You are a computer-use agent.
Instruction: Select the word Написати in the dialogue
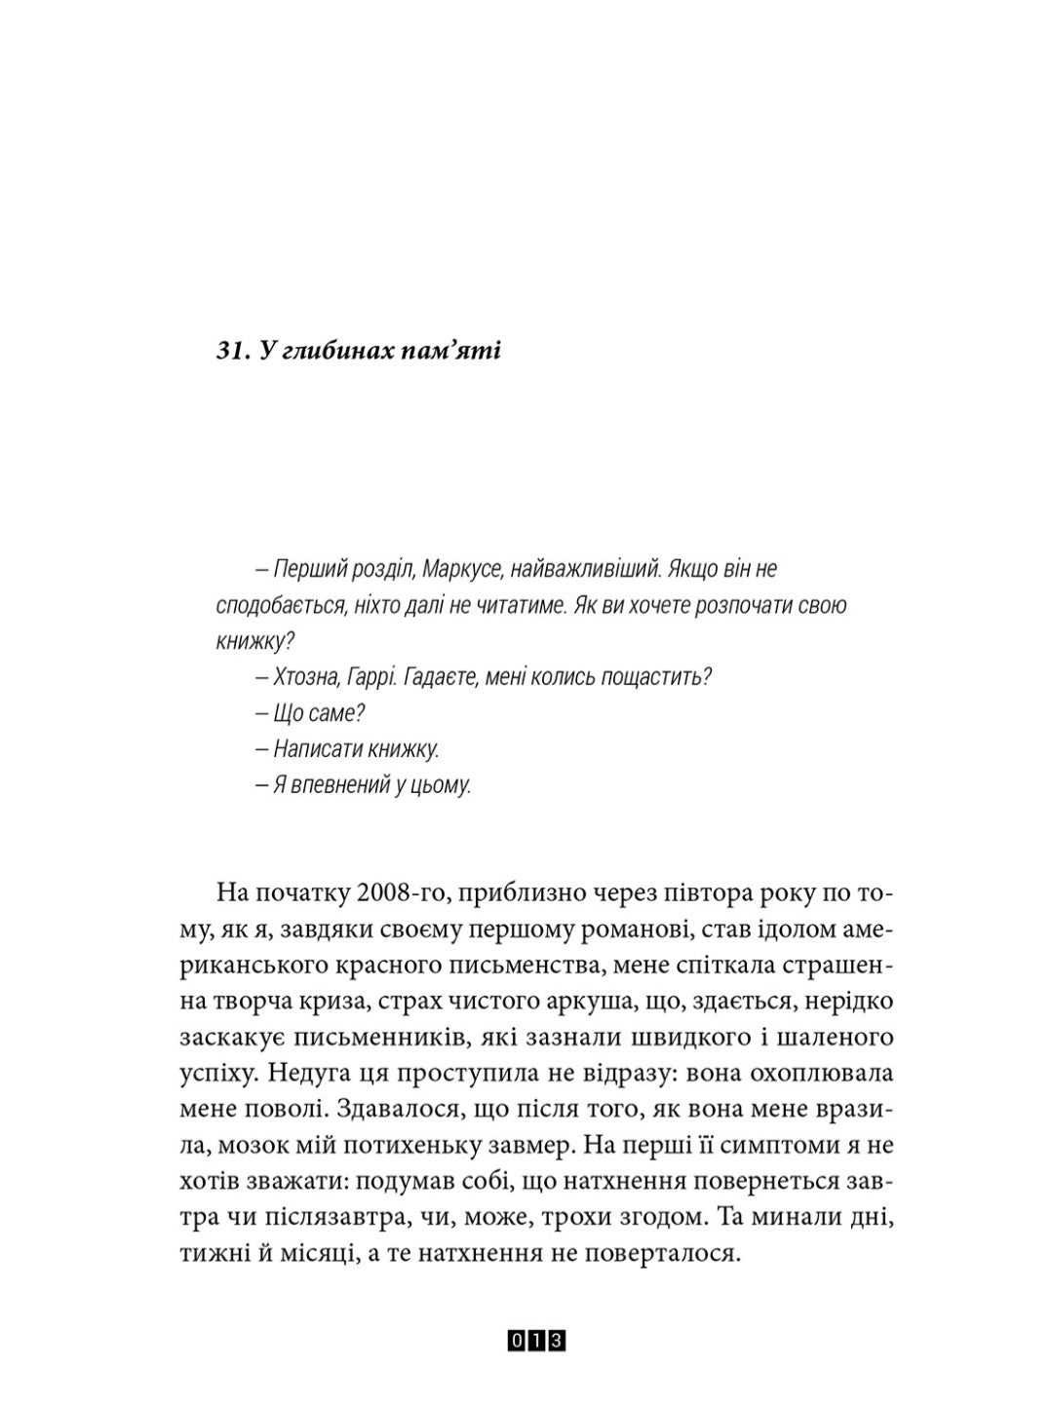pyautogui.click(x=316, y=749)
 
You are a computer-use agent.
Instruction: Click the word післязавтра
pyautogui.click(x=325, y=1218)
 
